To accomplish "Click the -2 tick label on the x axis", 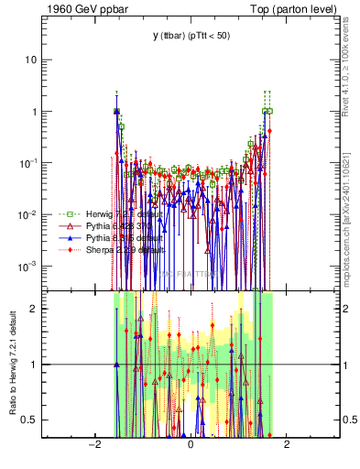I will click(x=93, y=444).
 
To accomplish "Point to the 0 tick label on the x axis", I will click(x=190, y=444).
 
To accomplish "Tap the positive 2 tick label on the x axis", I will click(x=287, y=444).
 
